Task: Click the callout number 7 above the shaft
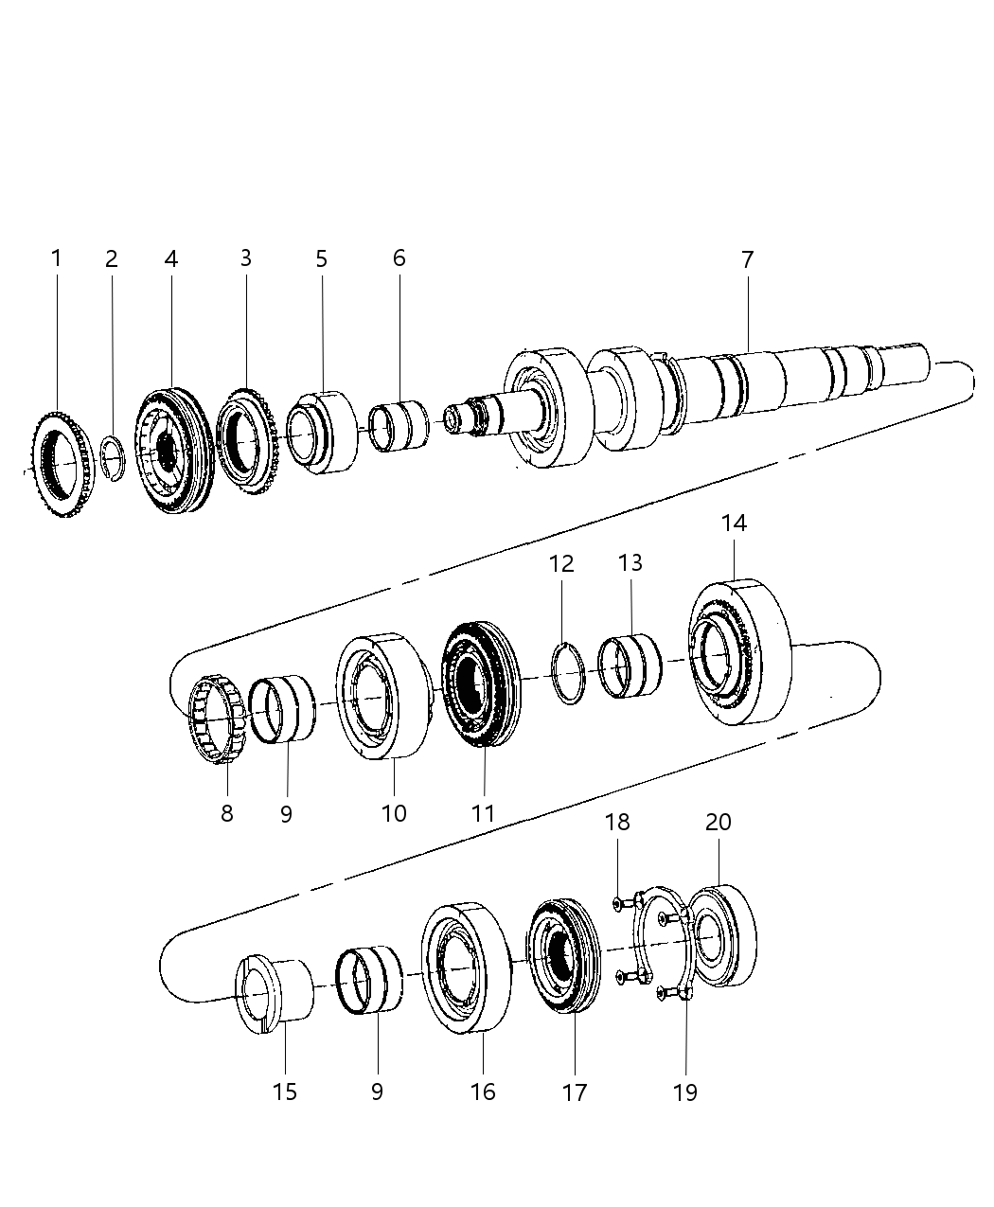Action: coord(747,258)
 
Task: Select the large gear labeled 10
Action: coord(382,696)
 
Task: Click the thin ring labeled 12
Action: coord(568,673)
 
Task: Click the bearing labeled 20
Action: coord(723,936)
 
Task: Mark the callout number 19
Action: coord(684,1092)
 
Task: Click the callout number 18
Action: coord(617,822)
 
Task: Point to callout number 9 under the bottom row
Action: coord(377,1092)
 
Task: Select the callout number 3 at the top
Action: coord(245,258)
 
